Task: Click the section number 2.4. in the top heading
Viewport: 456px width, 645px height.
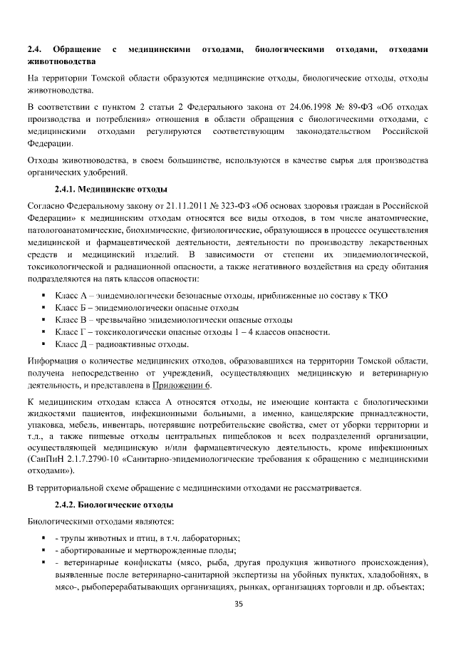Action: (33, 49)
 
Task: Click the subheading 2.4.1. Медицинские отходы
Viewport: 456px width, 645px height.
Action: (111, 189)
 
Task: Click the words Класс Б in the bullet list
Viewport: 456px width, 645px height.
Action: (71, 307)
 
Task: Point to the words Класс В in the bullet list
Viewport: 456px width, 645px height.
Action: (71, 319)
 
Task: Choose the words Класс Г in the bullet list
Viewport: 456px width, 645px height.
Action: (71, 331)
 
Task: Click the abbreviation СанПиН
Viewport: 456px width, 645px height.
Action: (44, 460)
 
